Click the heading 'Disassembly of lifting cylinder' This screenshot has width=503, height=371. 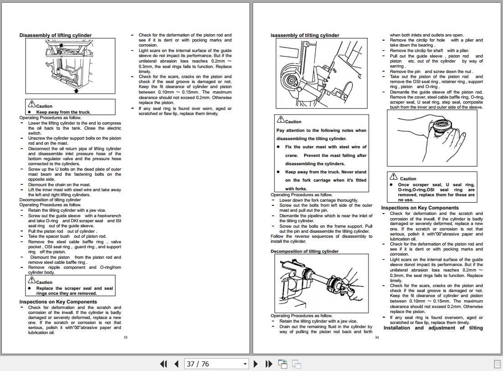click(55, 35)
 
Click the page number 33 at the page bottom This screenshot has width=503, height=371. click(125, 337)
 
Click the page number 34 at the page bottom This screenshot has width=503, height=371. click(377, 337)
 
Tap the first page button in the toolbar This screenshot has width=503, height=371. click(163, 364)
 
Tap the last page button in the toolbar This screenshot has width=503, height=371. click(269, 364)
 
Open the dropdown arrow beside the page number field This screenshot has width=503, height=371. click(245, 364)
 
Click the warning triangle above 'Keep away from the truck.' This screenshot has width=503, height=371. click(31, 105)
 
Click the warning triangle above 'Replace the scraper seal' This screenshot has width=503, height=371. click(31, 281)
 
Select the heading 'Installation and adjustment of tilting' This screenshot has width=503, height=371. click(433, 328)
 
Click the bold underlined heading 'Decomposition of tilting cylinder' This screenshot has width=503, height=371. click(305, 251)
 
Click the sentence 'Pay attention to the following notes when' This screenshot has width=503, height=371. click(321, 131)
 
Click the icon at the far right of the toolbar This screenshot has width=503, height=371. click(497, 364)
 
